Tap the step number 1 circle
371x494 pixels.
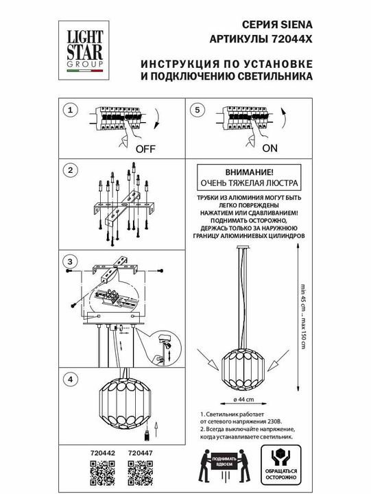[x=68, y=110]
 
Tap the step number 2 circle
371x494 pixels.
[x=68, y=169]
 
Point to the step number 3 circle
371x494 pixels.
[x=68, y=262]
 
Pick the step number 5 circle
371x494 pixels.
[x=198, y=110]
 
